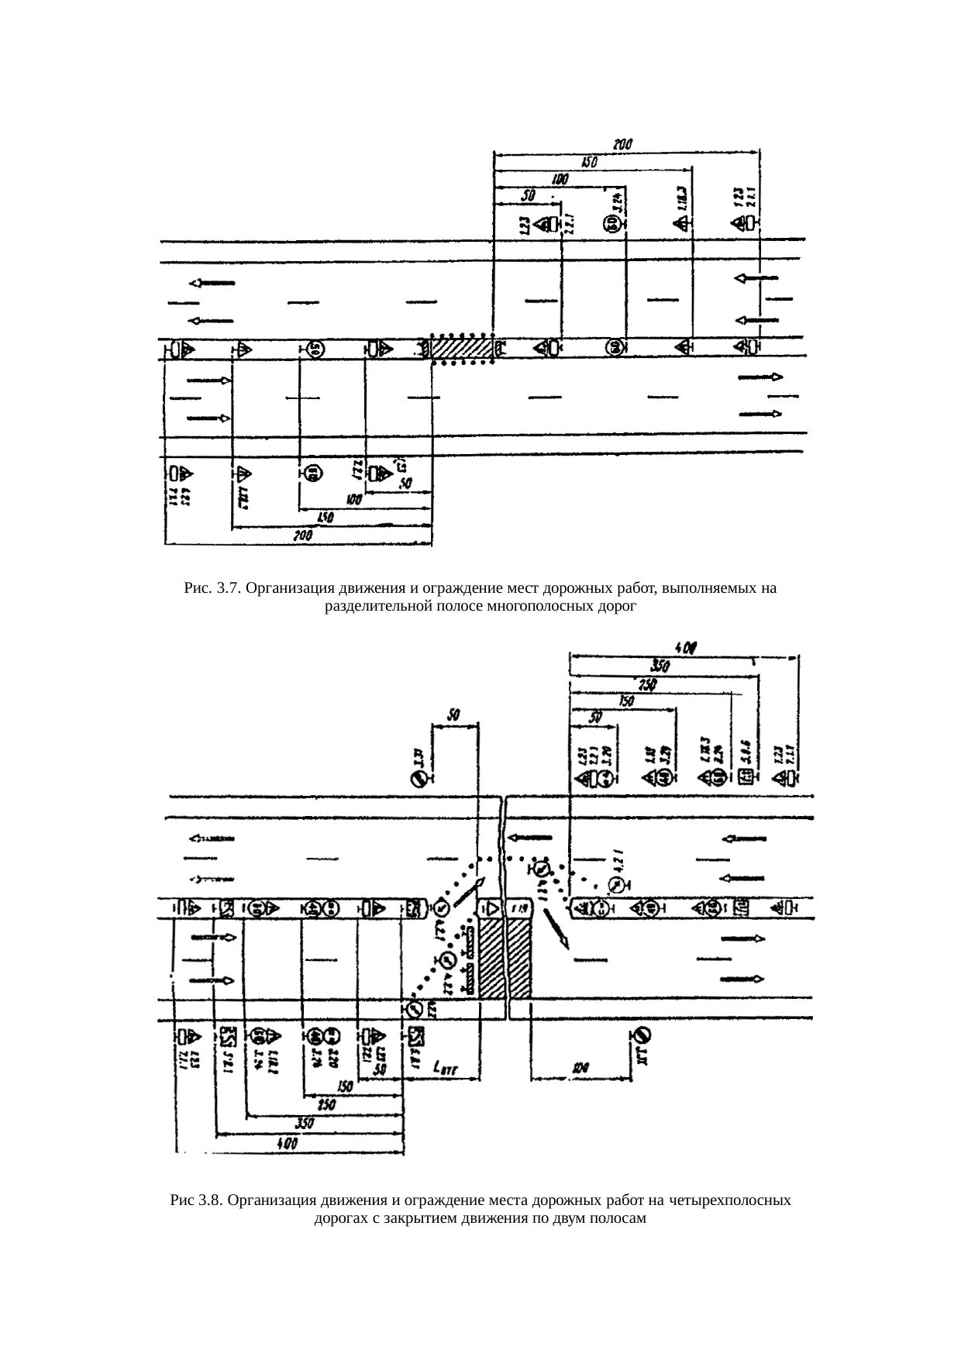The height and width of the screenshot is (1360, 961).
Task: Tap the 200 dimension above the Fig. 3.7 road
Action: (622, 144)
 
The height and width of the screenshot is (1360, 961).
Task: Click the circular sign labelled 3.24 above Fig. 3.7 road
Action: (611, 225)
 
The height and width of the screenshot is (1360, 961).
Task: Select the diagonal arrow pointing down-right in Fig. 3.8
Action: (557, 928)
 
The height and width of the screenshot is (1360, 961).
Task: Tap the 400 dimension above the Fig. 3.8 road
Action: (685, 647)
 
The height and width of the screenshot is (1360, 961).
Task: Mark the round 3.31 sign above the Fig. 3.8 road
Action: (418, 780)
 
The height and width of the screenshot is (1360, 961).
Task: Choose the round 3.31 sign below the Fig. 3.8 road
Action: (642, 1035)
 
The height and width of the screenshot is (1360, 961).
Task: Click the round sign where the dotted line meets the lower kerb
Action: (414, 1009)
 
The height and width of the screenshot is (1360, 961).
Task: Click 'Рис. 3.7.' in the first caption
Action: (210, 588)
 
